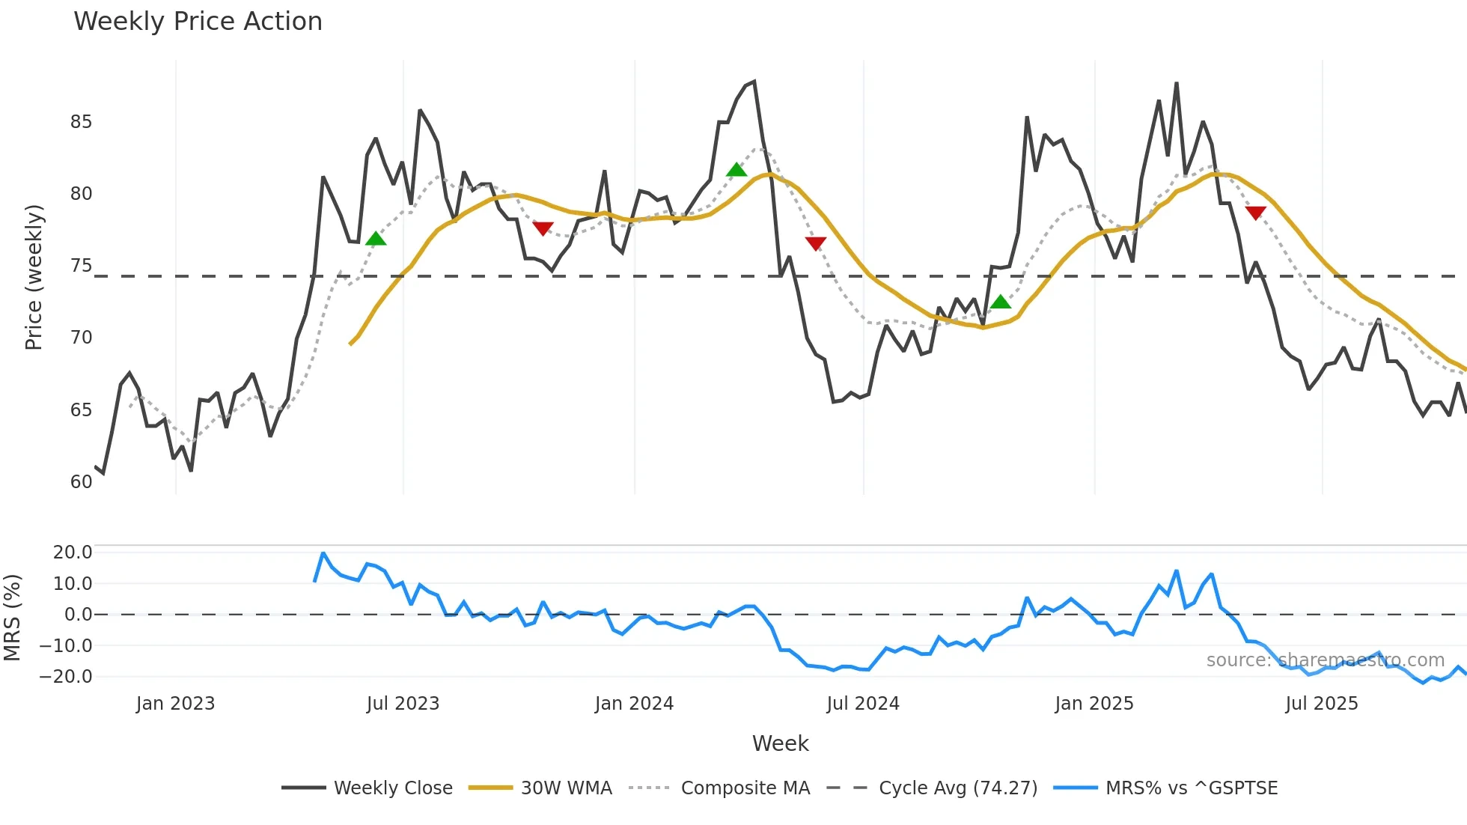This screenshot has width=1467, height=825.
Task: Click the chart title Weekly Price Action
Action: click(x=198, y=22)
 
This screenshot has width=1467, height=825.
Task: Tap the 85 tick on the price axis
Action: click(x=81, y=122)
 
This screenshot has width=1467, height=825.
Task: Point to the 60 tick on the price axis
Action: click(x=81, y=482)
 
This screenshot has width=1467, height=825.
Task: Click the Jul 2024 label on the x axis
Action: click(x=863, y=704)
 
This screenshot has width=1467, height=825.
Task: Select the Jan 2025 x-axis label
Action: click(x=1094, y=704)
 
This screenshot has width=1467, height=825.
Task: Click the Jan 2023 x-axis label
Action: click(x=175, y=704)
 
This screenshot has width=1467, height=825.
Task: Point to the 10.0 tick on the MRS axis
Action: click(x=73, y=584)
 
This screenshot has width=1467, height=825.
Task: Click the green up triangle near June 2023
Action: click(x=376, y=239)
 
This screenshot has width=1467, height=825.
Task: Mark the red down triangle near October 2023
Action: click(x=543, y=228)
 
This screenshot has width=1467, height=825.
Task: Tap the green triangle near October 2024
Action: click(x=1001, y=302)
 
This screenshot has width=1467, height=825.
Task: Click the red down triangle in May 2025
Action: click(x=1255, y=213)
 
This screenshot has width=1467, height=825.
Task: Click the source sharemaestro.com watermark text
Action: click(x=1325, y=660)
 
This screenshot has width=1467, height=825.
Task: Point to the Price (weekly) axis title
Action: click(x=34, y=277)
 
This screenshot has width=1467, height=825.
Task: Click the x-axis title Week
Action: click(x=780, y=743)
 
